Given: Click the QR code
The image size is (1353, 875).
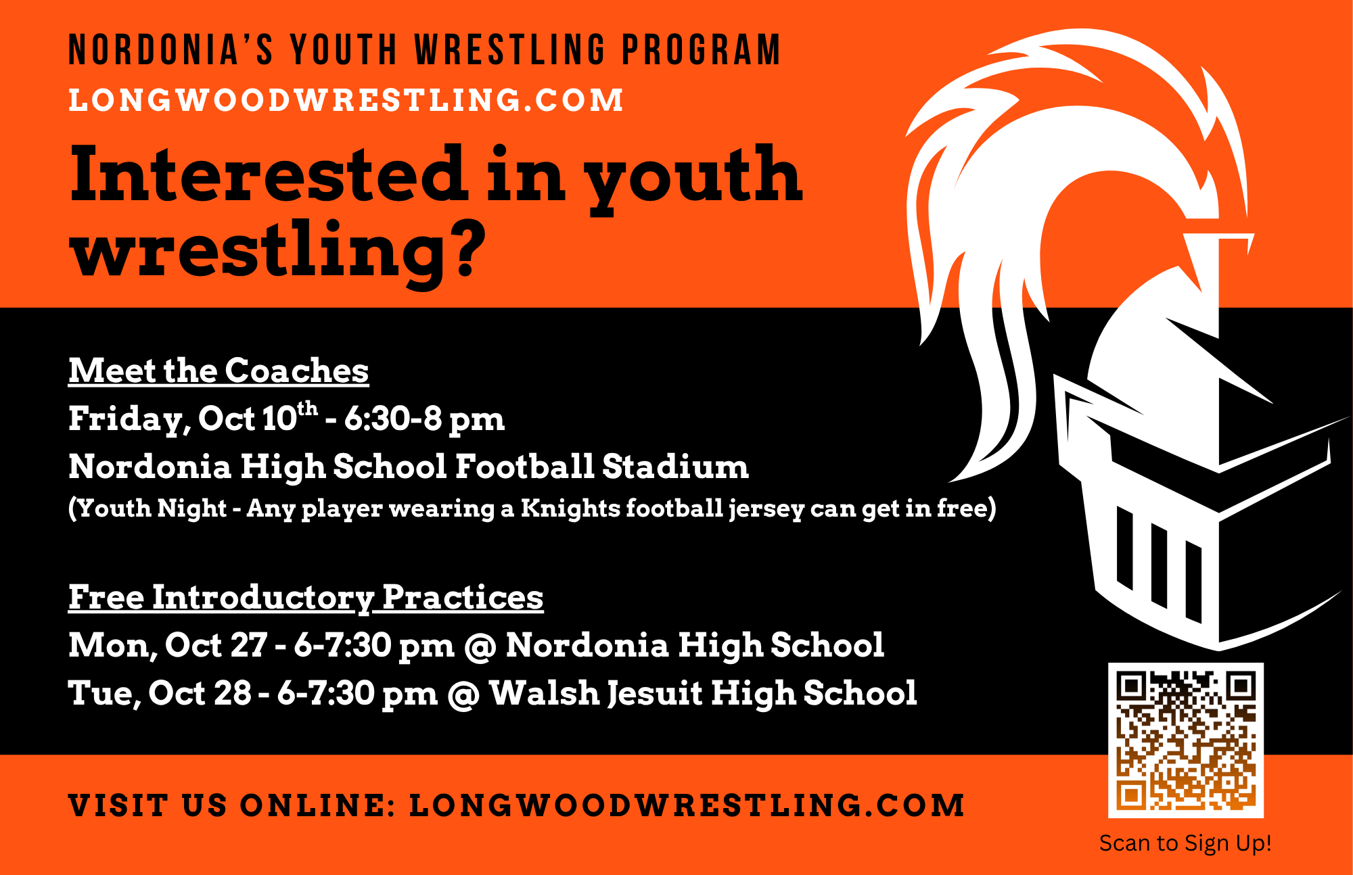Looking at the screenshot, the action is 1185,740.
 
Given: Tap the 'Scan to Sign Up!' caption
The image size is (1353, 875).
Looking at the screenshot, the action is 1185,843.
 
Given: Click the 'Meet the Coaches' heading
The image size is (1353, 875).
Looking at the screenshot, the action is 219,371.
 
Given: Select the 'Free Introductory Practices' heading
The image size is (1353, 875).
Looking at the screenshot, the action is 306,598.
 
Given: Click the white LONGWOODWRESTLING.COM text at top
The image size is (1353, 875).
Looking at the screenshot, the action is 346,100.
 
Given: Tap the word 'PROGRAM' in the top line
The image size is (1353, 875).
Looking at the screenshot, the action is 701,50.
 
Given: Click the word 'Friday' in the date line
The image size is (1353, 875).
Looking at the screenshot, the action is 126,419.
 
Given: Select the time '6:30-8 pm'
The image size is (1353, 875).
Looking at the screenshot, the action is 424,419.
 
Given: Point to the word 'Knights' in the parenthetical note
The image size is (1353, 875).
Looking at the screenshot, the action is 570,508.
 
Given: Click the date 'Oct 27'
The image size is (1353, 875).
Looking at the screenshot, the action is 216,645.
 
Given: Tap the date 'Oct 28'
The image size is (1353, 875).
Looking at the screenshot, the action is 200,693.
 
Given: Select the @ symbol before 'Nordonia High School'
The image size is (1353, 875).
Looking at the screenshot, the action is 480,646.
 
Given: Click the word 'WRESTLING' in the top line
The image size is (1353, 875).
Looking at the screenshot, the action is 510,50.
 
